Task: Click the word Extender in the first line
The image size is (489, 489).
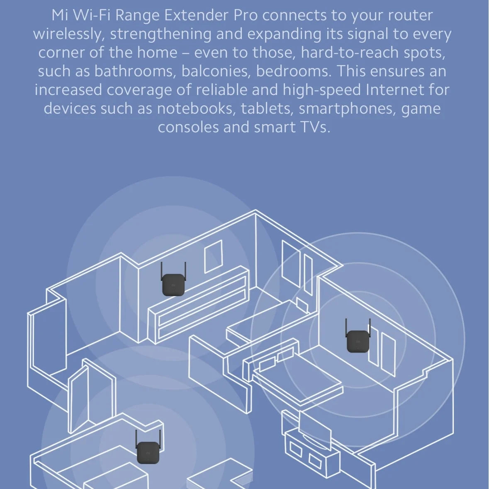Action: pyautogui.click(x=196, y=15)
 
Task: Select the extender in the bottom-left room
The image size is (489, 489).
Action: pyautogui.click(x=148, y=453)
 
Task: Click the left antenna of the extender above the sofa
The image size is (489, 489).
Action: pyautogui.click(x=162, y=271)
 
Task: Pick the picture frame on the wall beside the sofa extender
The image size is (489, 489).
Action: pyautogui.click(x=214, y=256)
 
